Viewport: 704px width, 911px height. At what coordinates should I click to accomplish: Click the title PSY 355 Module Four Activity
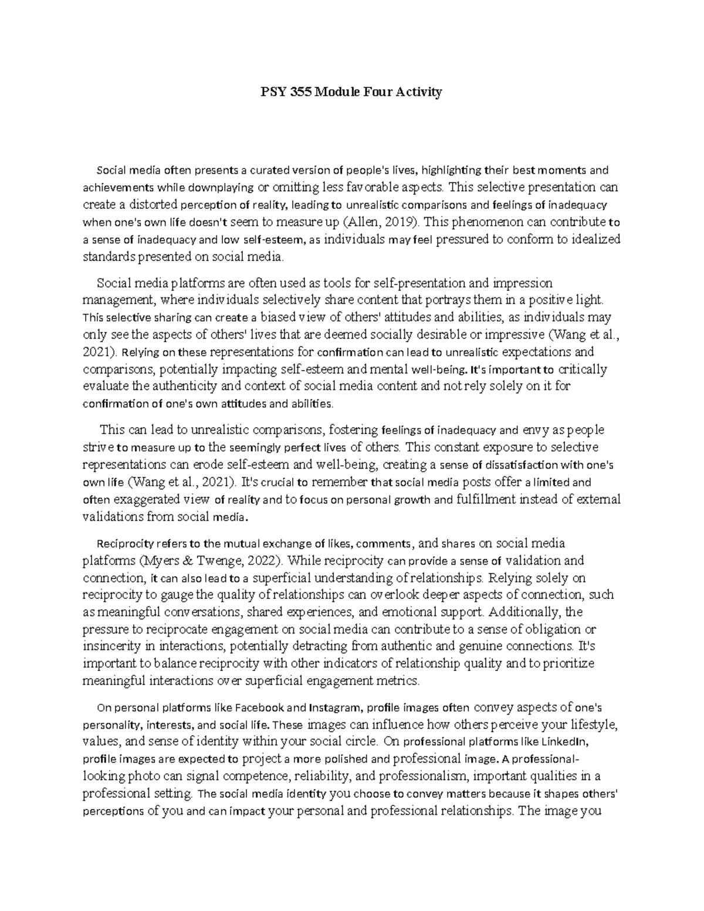coord(351,92)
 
